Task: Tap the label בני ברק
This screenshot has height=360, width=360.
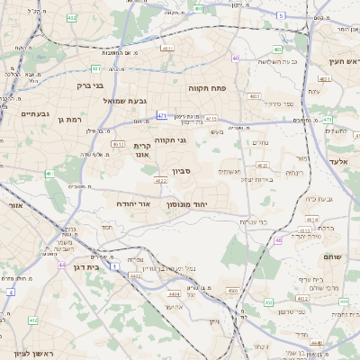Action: coord(90,85)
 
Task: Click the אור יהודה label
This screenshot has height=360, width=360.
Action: coord(134,204)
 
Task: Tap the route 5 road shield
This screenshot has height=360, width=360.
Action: coord(282,16)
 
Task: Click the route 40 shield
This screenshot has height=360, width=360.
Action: coord(235,58)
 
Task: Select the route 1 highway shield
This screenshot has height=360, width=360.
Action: coord(115,266)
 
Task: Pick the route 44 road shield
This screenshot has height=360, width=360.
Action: coord(62,265)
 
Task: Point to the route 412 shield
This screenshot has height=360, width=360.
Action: coord(33,320)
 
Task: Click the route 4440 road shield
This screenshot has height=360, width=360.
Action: coord(316,342)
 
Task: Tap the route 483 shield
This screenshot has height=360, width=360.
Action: coord(255,94)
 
